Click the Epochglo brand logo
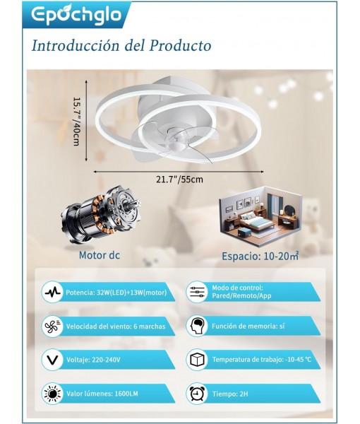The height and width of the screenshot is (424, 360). click(76, 14)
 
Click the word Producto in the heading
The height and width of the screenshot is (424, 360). click(181, 45)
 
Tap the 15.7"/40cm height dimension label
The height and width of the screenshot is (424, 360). click(77, 122)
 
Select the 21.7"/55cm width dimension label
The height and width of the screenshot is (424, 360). click(179, 179)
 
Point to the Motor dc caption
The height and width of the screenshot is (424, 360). click(99, 255)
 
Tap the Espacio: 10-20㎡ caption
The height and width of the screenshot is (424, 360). click(260, 256)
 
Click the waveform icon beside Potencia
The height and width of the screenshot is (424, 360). click(53, 293)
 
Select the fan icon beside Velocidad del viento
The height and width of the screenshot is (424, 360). click(53, 326)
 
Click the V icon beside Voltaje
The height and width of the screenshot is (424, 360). click(53, 360)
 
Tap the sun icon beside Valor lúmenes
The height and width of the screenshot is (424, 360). click(53, 394)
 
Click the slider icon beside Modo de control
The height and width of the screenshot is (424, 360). click(197, 292)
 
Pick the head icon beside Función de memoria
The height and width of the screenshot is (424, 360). click(197, 326)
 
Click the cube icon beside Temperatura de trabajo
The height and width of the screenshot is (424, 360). click(197, 360)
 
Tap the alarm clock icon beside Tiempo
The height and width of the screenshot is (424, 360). click(197, 394)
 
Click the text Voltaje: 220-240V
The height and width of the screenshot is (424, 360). click(93, 360)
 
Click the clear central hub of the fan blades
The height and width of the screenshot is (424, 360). click(176, 140)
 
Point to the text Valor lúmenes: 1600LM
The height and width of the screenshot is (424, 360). click(102, 394)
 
